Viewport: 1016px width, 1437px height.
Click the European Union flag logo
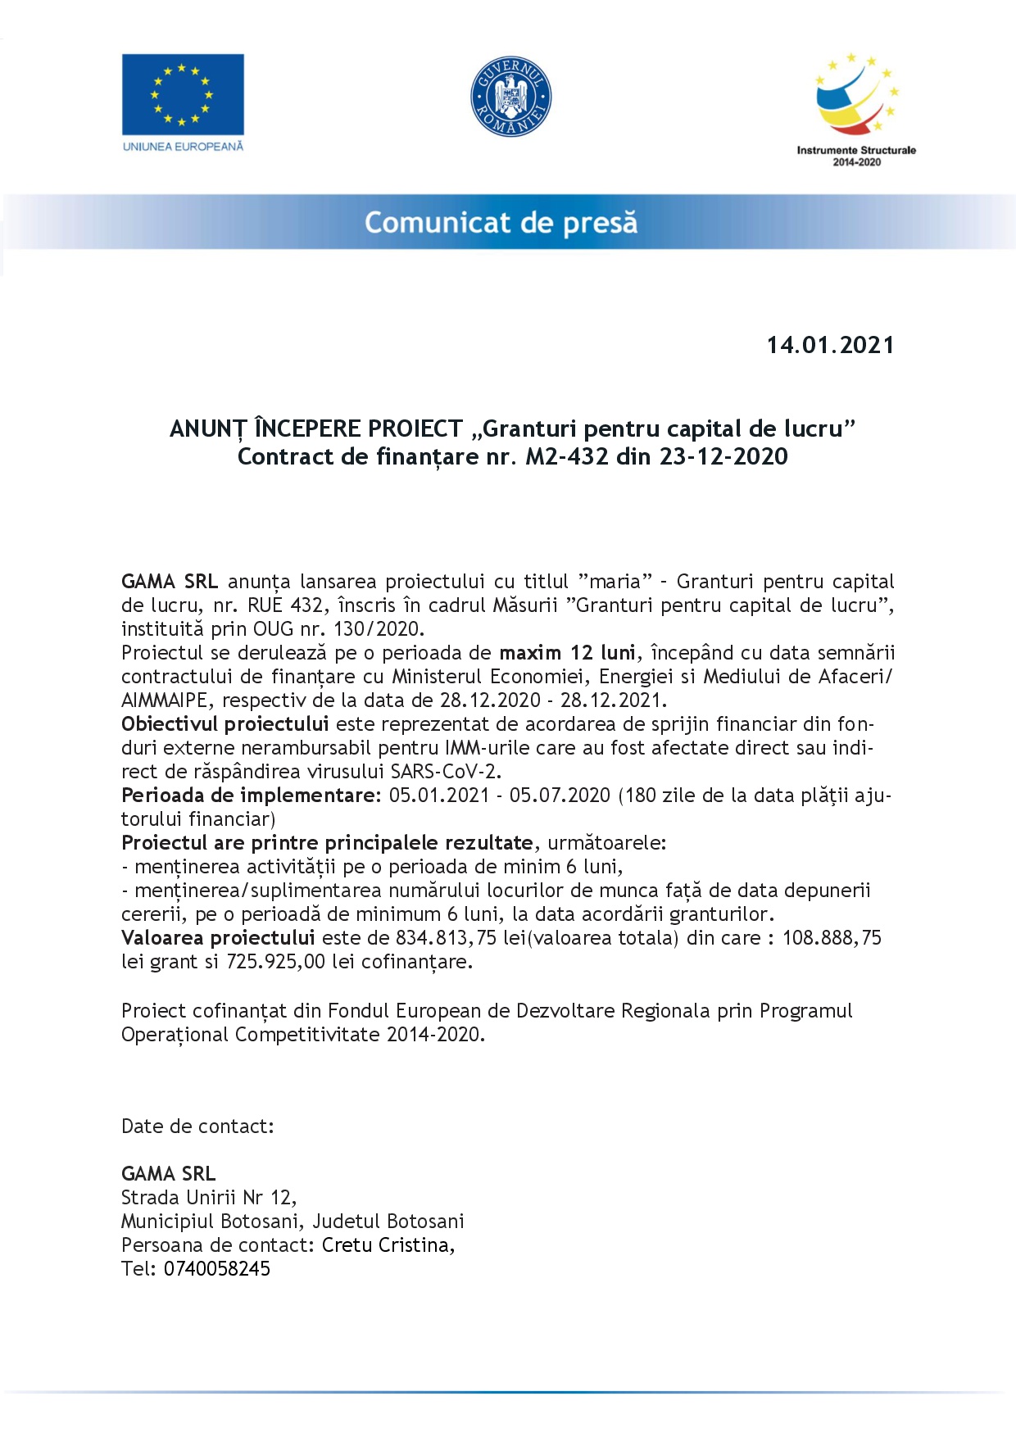click(183, 94)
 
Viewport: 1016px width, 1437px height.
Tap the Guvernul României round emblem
click(510, 97)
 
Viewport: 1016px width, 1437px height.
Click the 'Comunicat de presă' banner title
click(501, 223)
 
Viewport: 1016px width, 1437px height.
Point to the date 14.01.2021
click(830, 345)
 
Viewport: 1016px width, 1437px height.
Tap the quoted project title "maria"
click(615, 582)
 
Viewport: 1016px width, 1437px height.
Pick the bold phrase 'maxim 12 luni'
click(567, 653)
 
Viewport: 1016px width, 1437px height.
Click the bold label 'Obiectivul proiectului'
click(225, 724)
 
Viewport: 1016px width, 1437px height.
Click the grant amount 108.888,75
click(832, 938)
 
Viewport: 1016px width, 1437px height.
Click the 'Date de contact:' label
click(197, 1126)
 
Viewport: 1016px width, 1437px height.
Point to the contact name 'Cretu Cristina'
click(386, 1245)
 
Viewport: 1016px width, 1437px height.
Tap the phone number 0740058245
click(217, 1269)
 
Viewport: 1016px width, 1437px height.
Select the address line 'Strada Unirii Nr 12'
click(206, 1198)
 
